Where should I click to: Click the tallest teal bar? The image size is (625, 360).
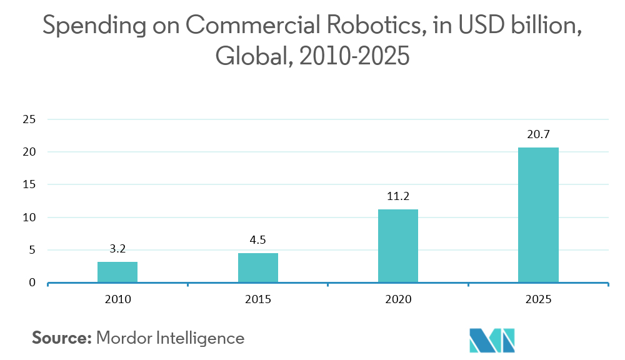[x=538, y=215]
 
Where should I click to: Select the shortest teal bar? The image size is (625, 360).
[x=117, y=272]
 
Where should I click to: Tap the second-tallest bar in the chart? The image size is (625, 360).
[x=398, y=246]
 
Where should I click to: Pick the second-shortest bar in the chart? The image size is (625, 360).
[x=258, y=267]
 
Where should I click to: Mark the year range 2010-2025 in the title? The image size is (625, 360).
[x=354, y=57]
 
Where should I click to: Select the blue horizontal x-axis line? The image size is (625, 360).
[x=328, y=283]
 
